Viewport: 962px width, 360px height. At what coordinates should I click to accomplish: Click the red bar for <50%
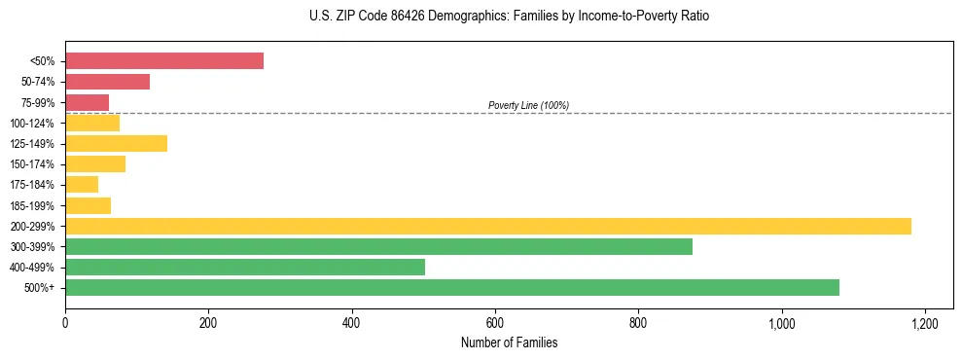click(164, 61)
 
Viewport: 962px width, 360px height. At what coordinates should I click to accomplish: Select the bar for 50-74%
click(107, 82)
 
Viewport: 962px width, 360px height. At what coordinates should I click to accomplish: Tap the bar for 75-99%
click(87, 102)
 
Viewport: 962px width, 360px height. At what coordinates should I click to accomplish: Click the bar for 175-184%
click(82, 185)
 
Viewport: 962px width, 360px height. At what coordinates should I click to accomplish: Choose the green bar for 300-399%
click(378, 247)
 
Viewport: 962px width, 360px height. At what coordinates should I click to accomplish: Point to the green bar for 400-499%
click(245, 268)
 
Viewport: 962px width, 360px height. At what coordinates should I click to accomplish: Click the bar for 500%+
click(452, 288)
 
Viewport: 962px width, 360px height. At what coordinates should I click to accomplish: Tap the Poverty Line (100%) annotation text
click(528, 105)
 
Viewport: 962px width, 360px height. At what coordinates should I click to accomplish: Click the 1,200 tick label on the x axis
click(924, 324)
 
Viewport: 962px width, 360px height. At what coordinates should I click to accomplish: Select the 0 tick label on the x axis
click(65, 324)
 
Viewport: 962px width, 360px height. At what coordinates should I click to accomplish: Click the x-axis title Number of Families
click(509, 342)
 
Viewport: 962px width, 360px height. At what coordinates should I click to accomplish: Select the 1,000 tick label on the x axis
click(781, 324)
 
